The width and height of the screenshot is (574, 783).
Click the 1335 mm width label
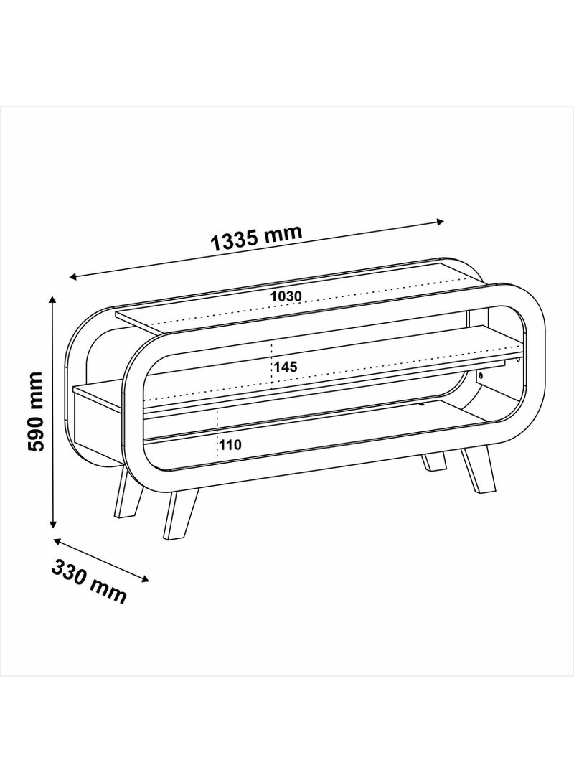pyautogui.click(x=256, y=238)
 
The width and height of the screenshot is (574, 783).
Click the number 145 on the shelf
pyautogui.click(x=285, y=367)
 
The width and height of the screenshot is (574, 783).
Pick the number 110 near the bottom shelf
pyautogui.click(x=230, y=444)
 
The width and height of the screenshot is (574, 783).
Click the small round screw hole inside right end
pyautogui.click(x=480, y=375)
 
